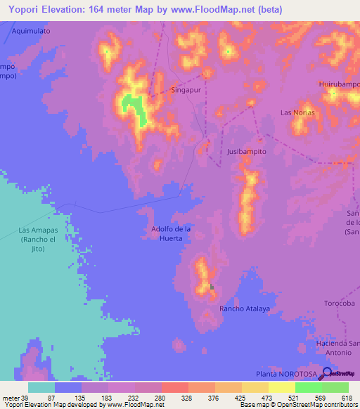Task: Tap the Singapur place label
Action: [x=187, y=91]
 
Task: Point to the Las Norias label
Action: [x=297, y=112]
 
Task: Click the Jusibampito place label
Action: [x=247, y=151]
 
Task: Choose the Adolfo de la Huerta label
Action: [x=172, y=233]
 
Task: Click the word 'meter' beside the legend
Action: [x=10, y=398]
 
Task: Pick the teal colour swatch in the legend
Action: [x=41, y=387]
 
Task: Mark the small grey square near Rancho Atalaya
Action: [x=212, y=286]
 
